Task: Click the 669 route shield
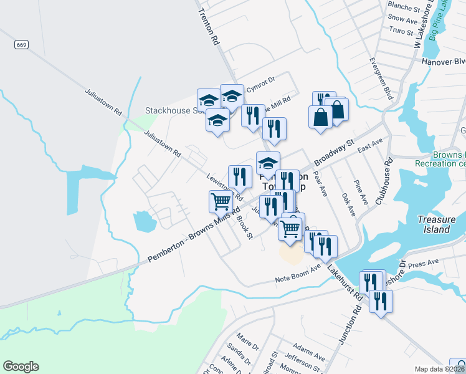pos(21,45)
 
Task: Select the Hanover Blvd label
pos(444,62)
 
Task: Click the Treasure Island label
pos(433,224)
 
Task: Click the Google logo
pos(21,367)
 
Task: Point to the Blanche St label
pos(404,7)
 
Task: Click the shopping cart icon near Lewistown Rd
pos(220,202)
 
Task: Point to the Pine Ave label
pos(361,192)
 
